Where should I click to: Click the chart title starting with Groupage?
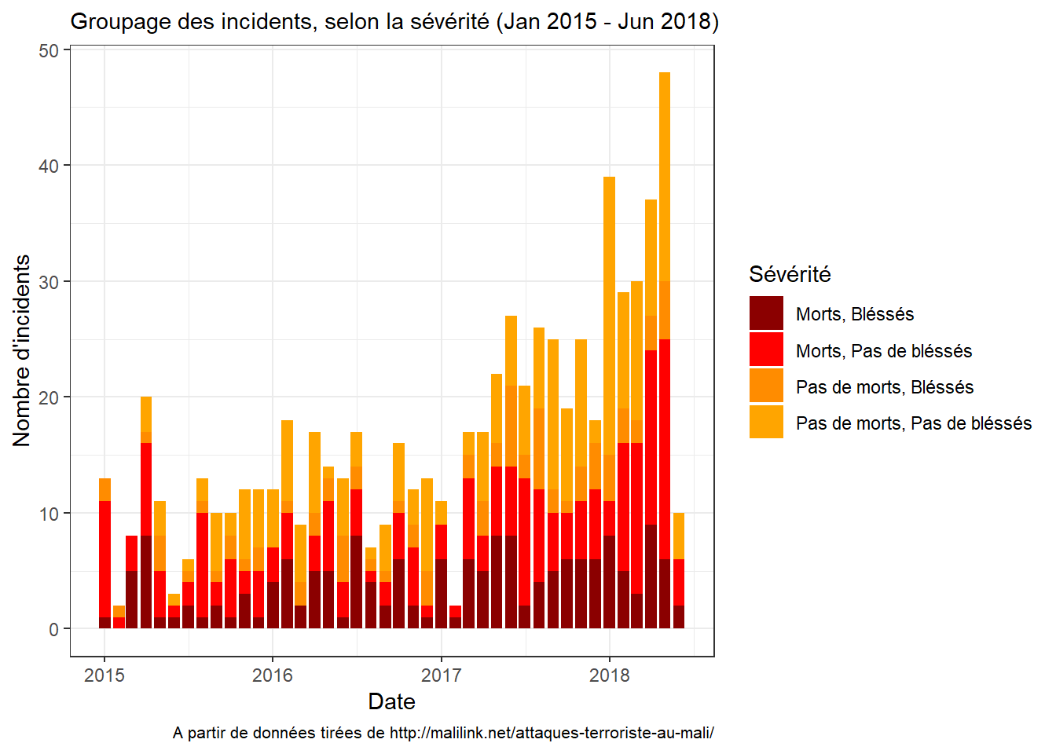(x=394, y=21)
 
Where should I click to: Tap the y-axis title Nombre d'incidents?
(x=22, y=350)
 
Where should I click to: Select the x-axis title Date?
(x=391, y=701)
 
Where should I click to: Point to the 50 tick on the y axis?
(x=49, y=50)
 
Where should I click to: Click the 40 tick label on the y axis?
(x=49, y=166)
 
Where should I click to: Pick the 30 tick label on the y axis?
(x=49, y=282)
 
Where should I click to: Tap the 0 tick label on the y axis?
(x=53, y=629)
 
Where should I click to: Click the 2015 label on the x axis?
(x=104, y=675)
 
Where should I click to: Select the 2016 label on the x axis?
(x=273, y=675)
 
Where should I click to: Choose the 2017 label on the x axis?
(x=441, y=675)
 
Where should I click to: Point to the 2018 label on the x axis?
(x=610, y=675)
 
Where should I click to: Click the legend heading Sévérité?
(x=790, y=274)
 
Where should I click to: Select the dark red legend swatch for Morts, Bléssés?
(x=766, y=313)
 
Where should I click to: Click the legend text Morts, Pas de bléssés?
(x=884, y=351)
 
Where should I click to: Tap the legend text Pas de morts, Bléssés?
(x=885, y=387)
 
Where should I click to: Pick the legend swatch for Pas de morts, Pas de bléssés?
(x=766, y=422)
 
